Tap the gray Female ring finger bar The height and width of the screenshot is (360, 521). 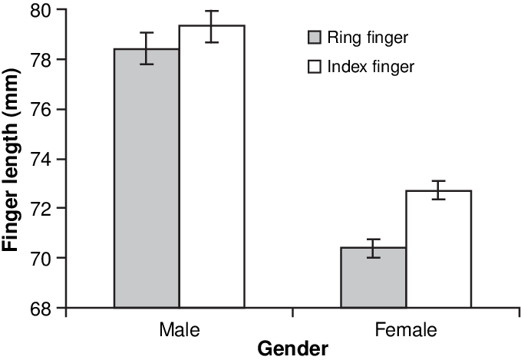tap(373, 277)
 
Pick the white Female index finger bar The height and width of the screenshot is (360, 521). tap(438, 249)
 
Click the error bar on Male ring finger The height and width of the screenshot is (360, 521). tap(147, 48)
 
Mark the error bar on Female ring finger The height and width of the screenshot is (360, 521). tap(373, 248)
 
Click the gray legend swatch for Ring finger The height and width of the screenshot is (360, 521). tap(314, 37)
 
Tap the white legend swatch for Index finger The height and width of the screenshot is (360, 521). tap(314, 66)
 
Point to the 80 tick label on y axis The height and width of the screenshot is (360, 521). tap(41, 11)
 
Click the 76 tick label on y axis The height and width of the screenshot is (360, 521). tap(41, 110)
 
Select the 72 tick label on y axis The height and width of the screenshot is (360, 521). tap(41, 209)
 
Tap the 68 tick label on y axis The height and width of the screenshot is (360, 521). tap(41, 308)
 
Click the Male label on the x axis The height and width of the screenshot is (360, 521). tap(180, 330)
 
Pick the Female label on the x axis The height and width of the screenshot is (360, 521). tap(406, 330)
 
